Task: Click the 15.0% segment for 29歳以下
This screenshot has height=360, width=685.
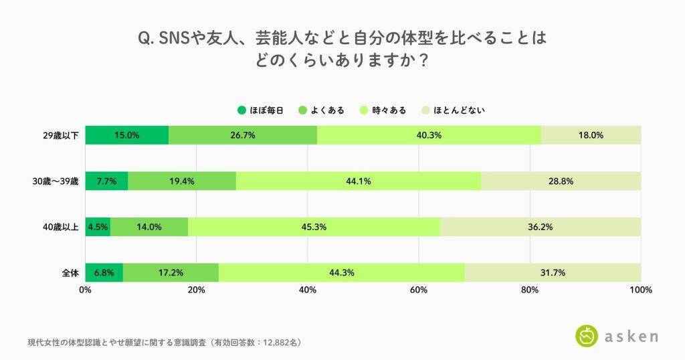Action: (x=126, y=134)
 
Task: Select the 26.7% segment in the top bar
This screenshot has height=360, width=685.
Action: (x=242, y=134)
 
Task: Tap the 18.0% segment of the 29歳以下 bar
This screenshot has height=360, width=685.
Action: (x=591, y=134)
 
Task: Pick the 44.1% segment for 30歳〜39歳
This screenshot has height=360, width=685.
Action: (x=358, y=181)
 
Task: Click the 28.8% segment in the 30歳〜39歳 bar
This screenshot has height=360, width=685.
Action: (x=561, y=181)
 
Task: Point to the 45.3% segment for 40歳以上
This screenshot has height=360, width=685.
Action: (x=314, y=227)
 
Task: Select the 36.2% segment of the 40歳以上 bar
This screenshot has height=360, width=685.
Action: (x=540, y=227)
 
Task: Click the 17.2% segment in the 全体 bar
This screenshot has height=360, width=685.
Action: (x=171, y=272)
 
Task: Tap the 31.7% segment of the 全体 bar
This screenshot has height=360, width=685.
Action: (x=553, y=272)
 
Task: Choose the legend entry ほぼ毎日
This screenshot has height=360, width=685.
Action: (x=261, y=110)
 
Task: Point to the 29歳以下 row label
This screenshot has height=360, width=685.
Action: (x=61, y=135)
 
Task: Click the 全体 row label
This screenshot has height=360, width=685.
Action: (x=70, y=273)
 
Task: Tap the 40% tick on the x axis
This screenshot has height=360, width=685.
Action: (x=308, y=290)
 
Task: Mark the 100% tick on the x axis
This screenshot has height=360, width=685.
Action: (x=640, y=290)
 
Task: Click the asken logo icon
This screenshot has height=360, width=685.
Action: (x=587, y=336)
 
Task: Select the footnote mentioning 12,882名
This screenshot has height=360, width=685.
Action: (x=164, y=342)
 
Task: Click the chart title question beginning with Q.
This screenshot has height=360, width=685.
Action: (x=342, y=48)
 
